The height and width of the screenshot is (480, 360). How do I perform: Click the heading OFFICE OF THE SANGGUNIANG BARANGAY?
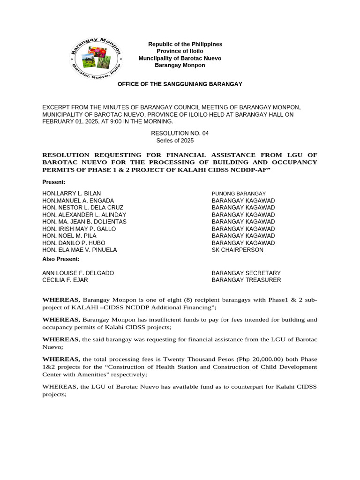(x=180, y=84)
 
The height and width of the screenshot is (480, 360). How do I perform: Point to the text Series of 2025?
(x=175, y=140)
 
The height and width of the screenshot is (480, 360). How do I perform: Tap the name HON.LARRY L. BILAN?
(x=72, y=194)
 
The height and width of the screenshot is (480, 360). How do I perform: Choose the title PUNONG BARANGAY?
(x=239, y=194)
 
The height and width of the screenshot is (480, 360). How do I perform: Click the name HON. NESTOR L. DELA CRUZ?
(x=83, y=208)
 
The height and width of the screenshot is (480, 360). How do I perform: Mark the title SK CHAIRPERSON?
(x=238, y=250)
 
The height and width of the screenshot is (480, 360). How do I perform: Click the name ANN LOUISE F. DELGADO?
(x=78, y=273)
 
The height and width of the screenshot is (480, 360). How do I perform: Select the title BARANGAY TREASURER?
(x=247, y=280)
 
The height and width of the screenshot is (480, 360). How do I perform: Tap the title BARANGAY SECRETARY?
(x=246, y=273)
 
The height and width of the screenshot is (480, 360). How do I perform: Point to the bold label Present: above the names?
(x=54, y=182)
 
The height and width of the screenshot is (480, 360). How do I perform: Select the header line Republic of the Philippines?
(x=185, y=44)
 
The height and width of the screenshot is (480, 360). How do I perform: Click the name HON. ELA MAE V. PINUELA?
(x=80, y=250)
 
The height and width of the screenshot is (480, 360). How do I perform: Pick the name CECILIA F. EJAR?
(x=65, y=280)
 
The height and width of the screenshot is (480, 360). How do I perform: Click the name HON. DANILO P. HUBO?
(x=74, y=243)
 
